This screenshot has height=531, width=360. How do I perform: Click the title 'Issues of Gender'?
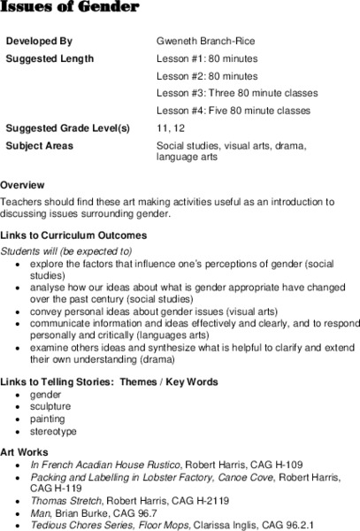(70, 8)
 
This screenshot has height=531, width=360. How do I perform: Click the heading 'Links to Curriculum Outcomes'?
(73, 235)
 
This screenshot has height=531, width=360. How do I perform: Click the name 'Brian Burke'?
(79, 511)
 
